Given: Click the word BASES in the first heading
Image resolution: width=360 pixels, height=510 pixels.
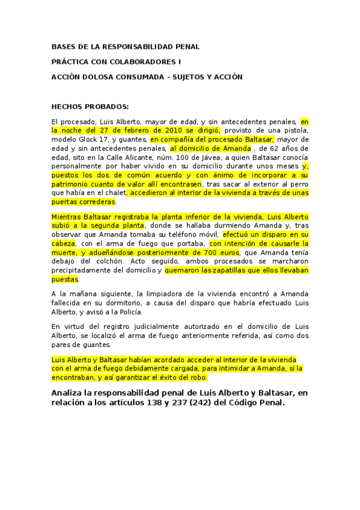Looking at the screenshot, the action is pyautogui.click(x=63, y=46).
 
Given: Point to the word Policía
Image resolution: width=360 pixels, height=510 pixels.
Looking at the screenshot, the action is pyautogui.click(x=130, y=312).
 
